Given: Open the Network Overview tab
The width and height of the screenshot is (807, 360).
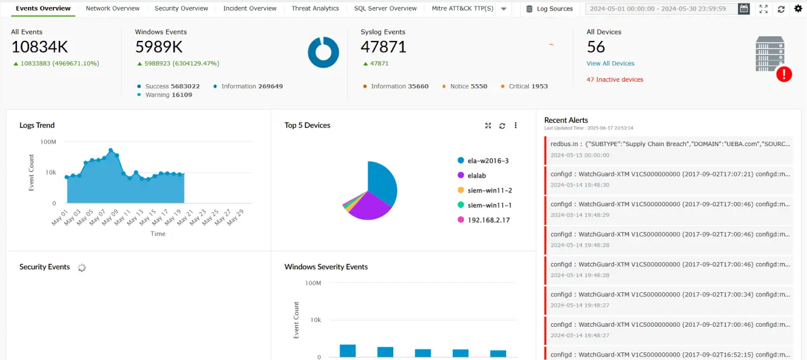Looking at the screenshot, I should (112, 9).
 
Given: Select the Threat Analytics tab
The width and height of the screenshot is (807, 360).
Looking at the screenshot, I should (315, 9).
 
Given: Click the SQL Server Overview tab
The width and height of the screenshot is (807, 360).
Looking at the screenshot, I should (385, 9).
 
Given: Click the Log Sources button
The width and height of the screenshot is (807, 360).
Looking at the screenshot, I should (549, 9).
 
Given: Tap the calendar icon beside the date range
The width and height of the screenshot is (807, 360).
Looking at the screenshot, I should (743, 9).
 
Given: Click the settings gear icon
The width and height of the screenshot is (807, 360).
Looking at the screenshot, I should (798, 9).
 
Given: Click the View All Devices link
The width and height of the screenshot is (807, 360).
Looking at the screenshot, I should (610, 63).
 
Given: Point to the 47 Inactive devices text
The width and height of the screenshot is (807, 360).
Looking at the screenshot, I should (615, 79).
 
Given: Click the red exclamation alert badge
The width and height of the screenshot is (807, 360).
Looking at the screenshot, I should (784, 74).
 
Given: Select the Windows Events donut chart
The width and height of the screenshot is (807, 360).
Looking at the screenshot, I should (323, 53).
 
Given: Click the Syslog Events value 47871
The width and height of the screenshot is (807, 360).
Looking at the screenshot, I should (383, 47).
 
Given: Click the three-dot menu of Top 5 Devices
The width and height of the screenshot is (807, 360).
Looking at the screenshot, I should (515, 126).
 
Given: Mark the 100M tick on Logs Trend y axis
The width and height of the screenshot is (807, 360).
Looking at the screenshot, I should (48, 142).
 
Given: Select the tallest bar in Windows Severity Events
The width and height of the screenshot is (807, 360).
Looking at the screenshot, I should (348, 351).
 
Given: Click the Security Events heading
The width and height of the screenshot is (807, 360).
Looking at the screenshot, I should (44, 267).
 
